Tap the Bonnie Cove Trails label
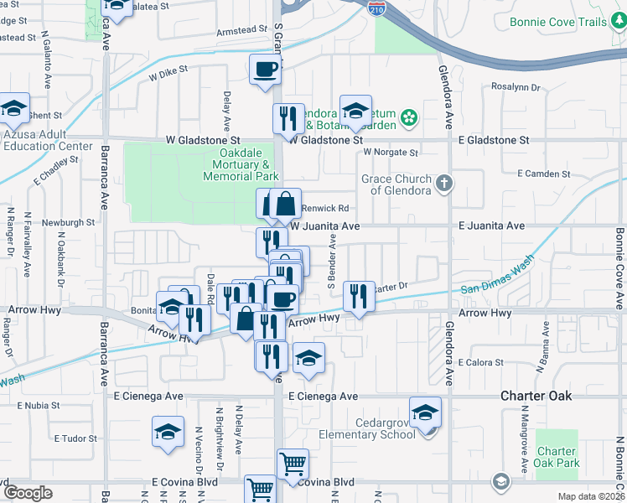(562, 23)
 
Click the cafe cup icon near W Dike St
(265, 70)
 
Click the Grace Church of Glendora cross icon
(445, 182)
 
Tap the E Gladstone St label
(494, 140)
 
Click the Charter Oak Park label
(557, 457)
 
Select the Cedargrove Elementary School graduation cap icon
(426, 412)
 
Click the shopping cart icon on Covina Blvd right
(293, 464)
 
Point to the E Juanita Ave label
(490, 226)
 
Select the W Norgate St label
(390, 153)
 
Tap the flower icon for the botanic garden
(409, 117)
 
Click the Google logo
(28, 493)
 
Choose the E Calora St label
(481, 363)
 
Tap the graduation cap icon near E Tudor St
(168, 432)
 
